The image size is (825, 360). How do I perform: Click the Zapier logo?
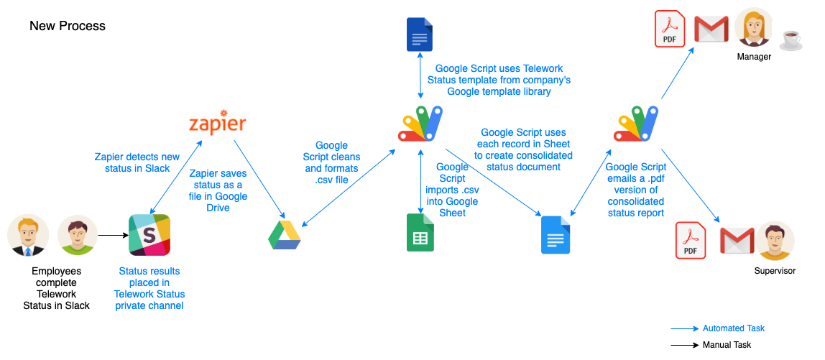pos(216,124)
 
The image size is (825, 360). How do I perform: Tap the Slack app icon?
pos(149,235)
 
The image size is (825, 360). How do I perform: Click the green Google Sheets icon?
pos(420,233)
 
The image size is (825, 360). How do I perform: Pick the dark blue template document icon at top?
pos(419,35)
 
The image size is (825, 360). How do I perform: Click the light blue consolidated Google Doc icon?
pos(555,234)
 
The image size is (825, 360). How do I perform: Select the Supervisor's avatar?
pos(775,241)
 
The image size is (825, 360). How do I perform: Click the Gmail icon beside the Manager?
pos(711,30)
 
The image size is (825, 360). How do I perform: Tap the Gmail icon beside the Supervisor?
pos(737,241)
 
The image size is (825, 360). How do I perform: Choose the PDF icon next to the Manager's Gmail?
pos(670,29)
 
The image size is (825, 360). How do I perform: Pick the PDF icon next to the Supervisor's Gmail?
pos(691,241)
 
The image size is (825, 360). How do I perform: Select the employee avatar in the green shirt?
pos(77,235)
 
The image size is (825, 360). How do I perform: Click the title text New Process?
pos(68,26)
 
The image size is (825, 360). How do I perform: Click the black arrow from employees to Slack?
pos(111,235)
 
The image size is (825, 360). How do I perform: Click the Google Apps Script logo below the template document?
pos(419,123)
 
